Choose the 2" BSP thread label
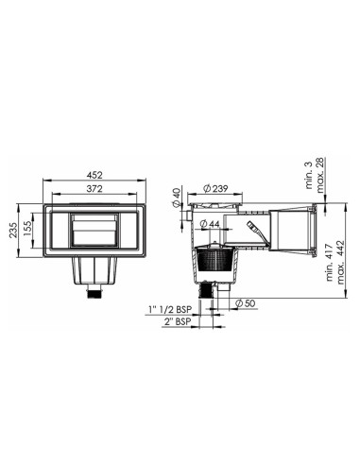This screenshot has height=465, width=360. tap(177, 321)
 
